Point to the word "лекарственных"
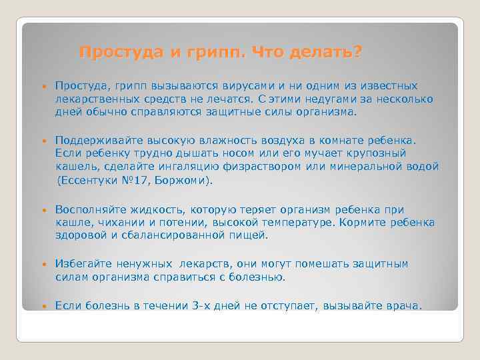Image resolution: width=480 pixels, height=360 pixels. click(x=93, y=99)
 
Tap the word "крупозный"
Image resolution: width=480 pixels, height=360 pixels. click(x=374, y=153)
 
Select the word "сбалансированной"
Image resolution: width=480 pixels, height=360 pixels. click(x=171, y=235)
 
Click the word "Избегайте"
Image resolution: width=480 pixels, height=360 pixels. click(x=83, y=264)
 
